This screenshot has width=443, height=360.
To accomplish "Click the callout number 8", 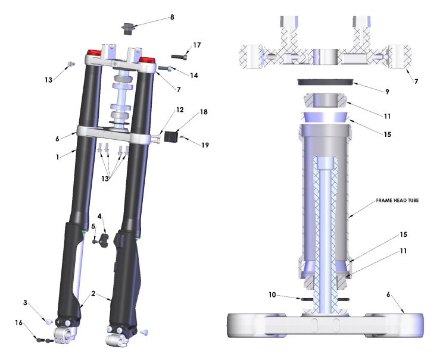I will pyautogui.click(x=172, y=17).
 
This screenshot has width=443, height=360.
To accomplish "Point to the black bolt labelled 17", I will pyautogui.click(x=180, y=57).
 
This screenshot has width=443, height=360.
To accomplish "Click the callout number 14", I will pyautogui.click(x=194, y=76).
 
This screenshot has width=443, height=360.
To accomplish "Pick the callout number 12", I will pyautogui.click(x=179, y=110).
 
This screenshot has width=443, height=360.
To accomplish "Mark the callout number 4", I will pyautogui.click(x=100, y=215).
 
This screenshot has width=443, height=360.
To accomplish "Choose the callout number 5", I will pyautogui.click(x=93, y=227).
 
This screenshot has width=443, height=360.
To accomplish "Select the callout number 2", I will pyautogui.click(x=93, y=294).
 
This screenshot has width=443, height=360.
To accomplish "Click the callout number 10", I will pyautogui.click(x=272, y=294).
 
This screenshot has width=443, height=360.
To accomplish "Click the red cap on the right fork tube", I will pyautogui.click(x=146, y=60).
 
